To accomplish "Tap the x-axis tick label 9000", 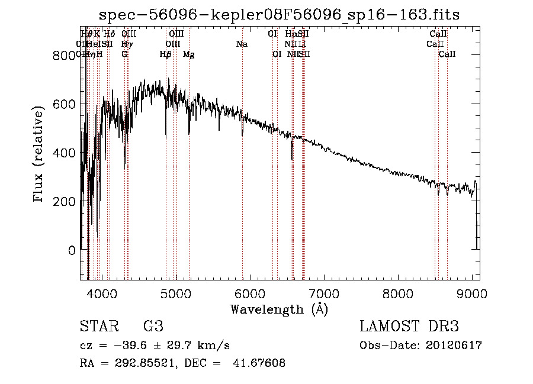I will [x=472, y=293].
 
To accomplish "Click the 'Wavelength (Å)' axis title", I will [x=279, y=308].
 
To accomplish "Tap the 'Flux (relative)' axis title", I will [x=40, y=154].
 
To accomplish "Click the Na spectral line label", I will [x=242, y=44].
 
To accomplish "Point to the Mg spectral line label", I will [x=188, y=54].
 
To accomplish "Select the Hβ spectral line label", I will [x=165, y=54].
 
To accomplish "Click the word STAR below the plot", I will [x=97, y=327].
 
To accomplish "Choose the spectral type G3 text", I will [x=153, y=327].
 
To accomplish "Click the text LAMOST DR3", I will [x=409, y=327].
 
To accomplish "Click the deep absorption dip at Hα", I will [x=292, y=155].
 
